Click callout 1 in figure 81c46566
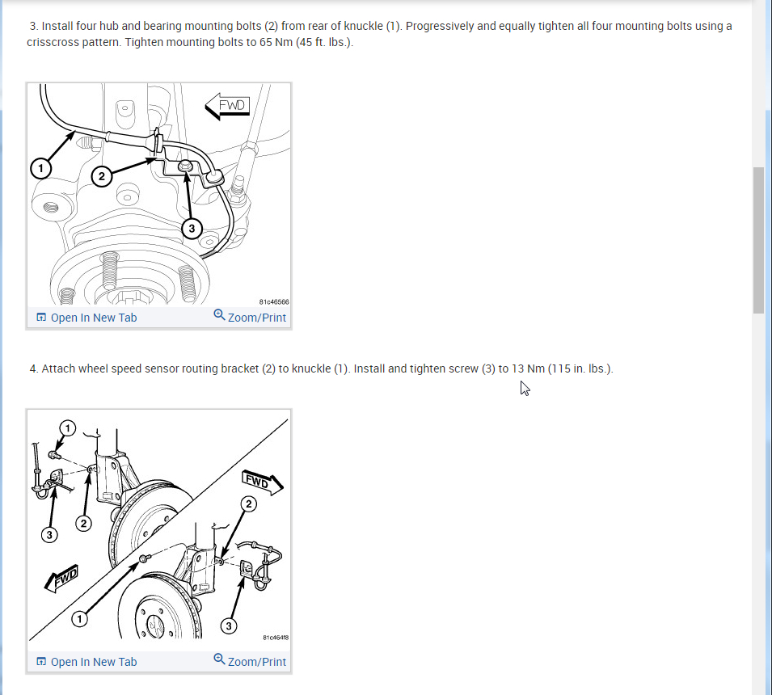(x=41, y=168)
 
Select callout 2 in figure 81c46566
(x=101, y=176)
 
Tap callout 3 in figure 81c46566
(x=192, y=229)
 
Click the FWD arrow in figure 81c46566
(x=227, y=106)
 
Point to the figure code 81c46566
(x=274, y=301)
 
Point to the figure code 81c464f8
(x=276, y=638)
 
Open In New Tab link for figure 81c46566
(x=86, y=318)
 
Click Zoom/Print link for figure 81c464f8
(x=250, y=662)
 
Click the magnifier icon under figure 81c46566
(x=219, y=315)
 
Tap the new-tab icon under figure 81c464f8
(x=41, y=662)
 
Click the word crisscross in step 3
(x=50, y=42)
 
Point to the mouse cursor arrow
(x=525, y=389)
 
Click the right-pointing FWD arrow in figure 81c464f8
(x=263, y=482)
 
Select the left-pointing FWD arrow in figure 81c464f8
(x=62, y=579)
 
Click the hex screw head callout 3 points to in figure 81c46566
(x=185, y=166)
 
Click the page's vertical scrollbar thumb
(x=758, y=240)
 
